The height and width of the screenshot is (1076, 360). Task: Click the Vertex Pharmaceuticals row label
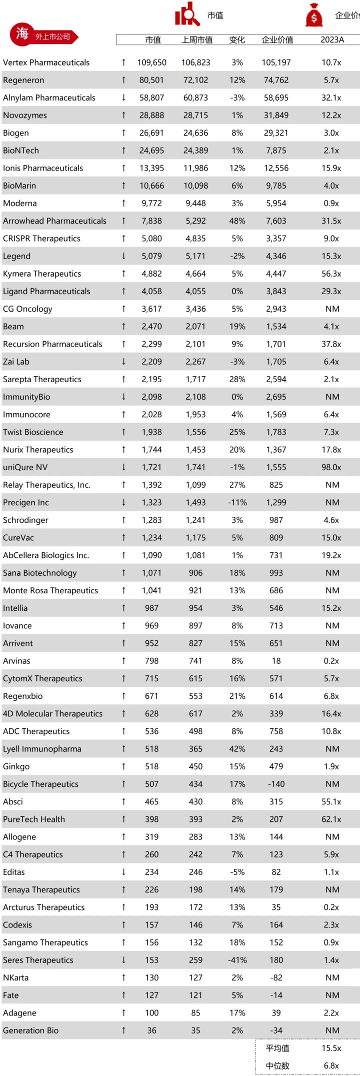point(46,63)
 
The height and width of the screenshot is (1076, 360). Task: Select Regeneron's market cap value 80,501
point(151,80)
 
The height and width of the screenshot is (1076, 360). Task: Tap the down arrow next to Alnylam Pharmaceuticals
point(123,98)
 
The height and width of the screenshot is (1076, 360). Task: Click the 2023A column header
point(332,40)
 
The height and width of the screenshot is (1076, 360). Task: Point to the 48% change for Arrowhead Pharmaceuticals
point(237,221)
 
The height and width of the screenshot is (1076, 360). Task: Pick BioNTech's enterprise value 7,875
point(276,151)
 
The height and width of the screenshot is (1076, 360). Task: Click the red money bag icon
point(314,15)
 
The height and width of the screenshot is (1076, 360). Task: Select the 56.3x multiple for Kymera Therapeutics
point(331,274)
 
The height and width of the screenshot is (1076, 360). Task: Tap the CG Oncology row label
point(27,309)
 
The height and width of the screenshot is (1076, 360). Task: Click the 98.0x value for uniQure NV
point(331,467)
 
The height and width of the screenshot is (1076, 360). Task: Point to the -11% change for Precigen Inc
point(237,503)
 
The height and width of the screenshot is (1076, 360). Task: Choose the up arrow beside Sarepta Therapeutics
point(123,379)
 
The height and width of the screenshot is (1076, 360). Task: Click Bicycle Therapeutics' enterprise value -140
point(276,784)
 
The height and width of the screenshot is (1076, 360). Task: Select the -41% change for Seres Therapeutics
point(237,960)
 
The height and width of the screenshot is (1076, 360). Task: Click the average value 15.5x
point(331,1048)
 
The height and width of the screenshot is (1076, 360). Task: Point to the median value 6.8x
point(331,1065)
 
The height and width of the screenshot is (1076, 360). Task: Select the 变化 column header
point(237,40)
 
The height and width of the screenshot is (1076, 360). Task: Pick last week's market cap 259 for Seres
point(195,960)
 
